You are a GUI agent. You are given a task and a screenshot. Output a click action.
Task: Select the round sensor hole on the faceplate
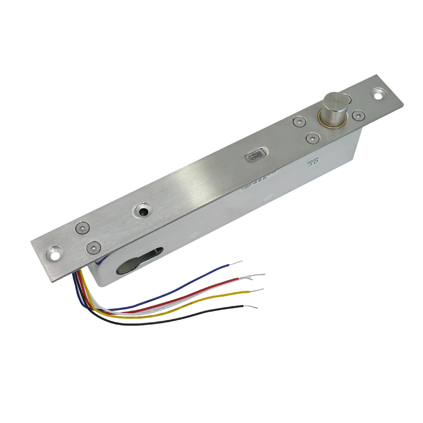click(143, 210)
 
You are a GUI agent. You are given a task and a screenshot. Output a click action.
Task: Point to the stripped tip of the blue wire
click(237, 261)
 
